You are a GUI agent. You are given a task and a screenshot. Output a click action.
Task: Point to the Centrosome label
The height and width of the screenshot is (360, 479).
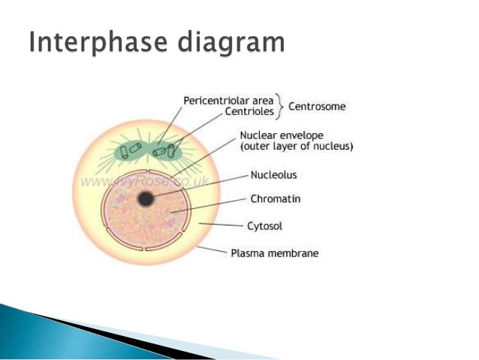coord(317,107)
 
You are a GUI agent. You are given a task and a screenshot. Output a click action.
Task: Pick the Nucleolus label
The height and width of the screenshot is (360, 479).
coord(273,174)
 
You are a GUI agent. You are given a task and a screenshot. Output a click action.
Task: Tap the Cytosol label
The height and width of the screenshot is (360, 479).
coord(266,225)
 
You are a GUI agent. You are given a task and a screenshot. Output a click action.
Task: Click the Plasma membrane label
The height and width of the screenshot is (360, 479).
coord(274,253)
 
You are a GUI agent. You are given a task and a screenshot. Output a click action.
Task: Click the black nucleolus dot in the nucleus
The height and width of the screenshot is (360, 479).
coord(146,198)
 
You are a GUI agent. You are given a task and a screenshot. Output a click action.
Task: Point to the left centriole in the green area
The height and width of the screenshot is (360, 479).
coord(132,150)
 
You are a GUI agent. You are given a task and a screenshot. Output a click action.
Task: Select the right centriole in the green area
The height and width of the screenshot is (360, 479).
coord(159,152)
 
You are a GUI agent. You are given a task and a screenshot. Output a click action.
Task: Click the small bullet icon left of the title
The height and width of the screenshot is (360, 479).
coord(14,43)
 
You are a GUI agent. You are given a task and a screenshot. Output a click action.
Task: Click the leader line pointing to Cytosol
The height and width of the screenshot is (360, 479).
coord(224,223)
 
